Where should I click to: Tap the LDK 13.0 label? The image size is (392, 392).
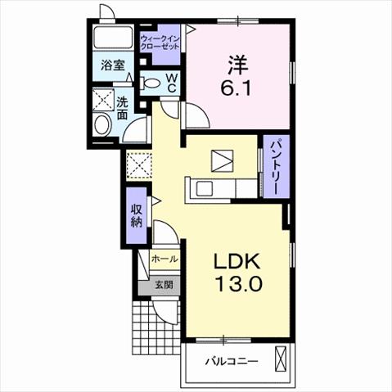(237, 272)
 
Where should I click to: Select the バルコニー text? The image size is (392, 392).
(232, 362)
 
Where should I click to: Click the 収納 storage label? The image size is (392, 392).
(137, 215)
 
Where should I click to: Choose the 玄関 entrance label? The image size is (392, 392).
(164, 285)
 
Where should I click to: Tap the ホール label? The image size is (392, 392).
(164, 259)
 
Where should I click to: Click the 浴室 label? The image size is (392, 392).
(113, 65)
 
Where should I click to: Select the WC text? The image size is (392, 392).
(172, 83)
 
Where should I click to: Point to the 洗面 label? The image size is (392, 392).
(122, 109)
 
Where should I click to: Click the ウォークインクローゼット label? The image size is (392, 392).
(160, 43)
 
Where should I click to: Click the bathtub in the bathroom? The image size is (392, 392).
(112, 38)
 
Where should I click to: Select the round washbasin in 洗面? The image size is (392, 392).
(102, 125)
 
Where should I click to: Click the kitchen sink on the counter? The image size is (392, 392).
(205, 188)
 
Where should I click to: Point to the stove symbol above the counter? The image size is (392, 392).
(222, 161)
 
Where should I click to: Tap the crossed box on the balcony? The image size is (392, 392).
(280, 358)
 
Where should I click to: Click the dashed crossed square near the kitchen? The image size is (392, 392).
(139, 166)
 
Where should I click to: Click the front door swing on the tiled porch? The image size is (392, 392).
(164, 313)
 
